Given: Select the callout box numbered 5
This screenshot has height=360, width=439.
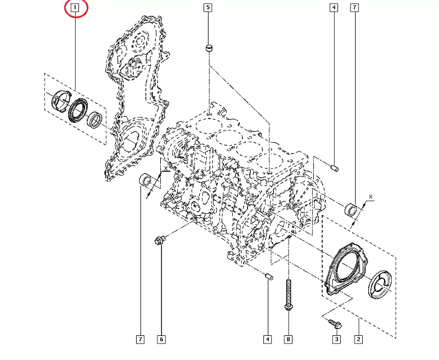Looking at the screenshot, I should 207,8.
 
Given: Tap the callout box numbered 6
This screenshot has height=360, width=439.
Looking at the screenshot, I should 161,340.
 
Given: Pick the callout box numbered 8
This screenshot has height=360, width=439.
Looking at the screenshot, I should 288,340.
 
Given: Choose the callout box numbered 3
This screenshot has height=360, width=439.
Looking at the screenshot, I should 336,340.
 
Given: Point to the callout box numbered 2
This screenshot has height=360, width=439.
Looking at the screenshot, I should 358,340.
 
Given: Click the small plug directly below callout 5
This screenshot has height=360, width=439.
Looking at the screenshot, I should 208,49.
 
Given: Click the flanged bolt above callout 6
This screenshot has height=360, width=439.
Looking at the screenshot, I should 160,240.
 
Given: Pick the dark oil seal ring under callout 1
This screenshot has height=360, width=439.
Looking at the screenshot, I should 78,109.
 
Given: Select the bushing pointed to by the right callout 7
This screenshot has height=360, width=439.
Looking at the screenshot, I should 351,209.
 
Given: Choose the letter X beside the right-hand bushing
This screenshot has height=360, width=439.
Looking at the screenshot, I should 371,196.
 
